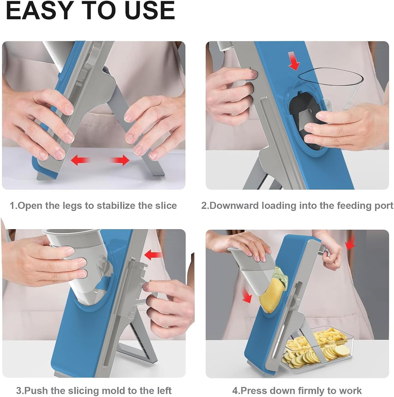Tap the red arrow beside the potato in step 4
pyautogui.click(x=247, y=296)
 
